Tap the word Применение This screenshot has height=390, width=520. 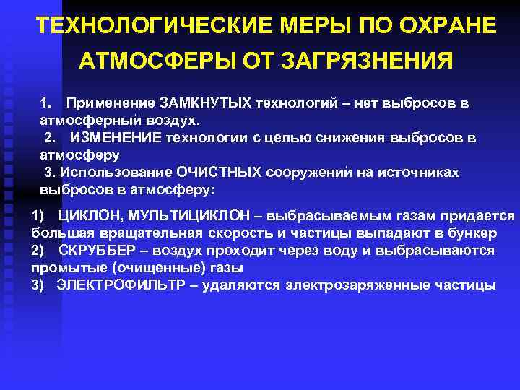pyautogui.click(x=105, y=103)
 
